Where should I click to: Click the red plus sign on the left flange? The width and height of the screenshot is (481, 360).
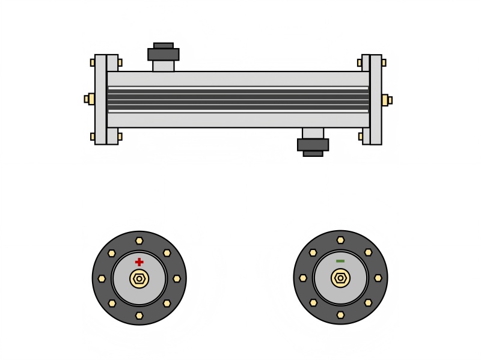[x=139, y=262]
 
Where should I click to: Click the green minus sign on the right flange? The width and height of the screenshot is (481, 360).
[x=340, y=261]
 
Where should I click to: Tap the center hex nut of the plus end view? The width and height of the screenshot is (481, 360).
[x=139, y=278]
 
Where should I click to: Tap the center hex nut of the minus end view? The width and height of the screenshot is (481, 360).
[x=340, y=278]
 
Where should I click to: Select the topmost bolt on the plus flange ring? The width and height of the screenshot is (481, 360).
[x=139, y=241]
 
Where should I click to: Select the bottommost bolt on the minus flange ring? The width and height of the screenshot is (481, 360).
[x=340, y=315]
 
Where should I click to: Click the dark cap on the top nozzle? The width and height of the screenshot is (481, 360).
[x=163, y=53]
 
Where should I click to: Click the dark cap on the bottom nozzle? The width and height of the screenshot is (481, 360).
[x=313, y=145]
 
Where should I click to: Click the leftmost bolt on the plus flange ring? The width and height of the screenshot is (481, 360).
[x=102, y=278]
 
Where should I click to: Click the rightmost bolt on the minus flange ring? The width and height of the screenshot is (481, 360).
[x=378, y=278]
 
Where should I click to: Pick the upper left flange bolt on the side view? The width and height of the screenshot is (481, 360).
[x=93, y=63]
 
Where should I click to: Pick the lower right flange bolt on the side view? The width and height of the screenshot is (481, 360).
[x=384, y=136]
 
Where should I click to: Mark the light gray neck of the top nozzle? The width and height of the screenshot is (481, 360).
[x=163, y=66]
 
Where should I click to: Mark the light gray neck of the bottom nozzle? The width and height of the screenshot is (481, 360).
[x=313, y=133]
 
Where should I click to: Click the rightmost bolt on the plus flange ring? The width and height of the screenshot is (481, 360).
[x=176, y=278]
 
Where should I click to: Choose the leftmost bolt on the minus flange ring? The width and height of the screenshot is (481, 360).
[x=303, y=278]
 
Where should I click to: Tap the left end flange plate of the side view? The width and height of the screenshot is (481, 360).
[x=100, y=99]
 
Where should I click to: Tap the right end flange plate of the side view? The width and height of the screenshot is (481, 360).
[x=376, y=100]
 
